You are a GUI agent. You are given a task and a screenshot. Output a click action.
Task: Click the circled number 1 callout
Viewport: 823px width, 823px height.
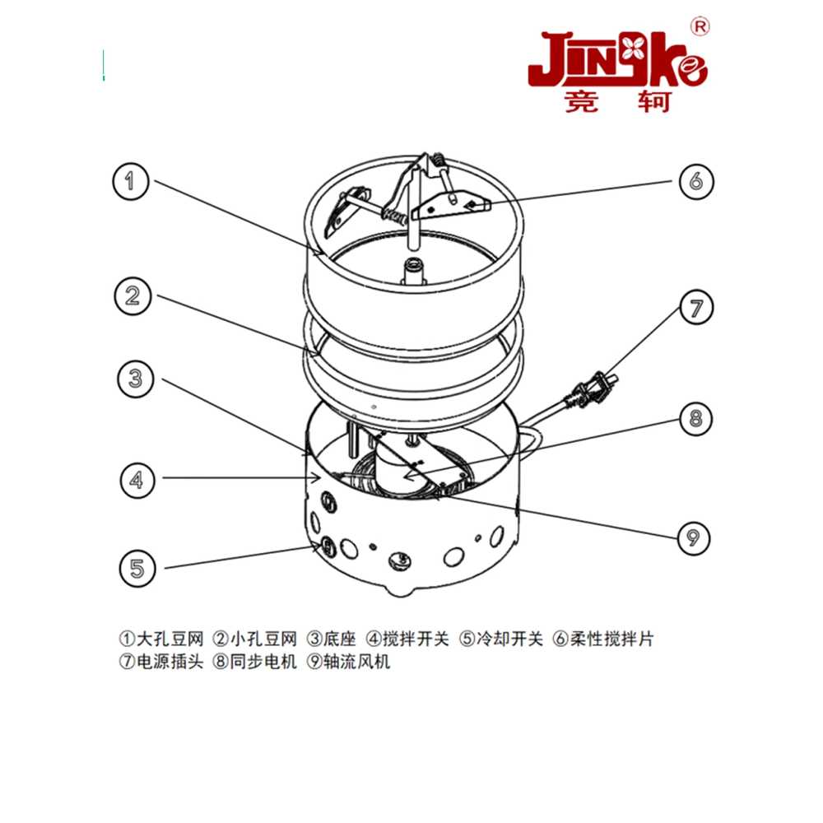(131, 181)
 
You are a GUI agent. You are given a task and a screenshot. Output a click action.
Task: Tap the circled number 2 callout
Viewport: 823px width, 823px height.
(133, 296)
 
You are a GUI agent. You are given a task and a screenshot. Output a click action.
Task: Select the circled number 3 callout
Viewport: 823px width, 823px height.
(136, 379)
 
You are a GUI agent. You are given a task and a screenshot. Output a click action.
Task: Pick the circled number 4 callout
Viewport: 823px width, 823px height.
(137, 480)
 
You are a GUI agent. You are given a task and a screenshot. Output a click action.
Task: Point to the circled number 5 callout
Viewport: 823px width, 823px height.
(137, 569)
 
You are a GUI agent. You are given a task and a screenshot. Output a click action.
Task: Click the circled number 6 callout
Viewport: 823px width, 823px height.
(696, 181)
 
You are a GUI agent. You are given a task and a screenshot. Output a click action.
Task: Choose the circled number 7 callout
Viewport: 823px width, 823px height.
(696, 308)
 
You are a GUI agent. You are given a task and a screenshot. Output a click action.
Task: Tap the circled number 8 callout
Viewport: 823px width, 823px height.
(695, 418)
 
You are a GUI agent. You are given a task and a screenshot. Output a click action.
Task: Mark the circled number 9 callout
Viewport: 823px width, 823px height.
(693, 537)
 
